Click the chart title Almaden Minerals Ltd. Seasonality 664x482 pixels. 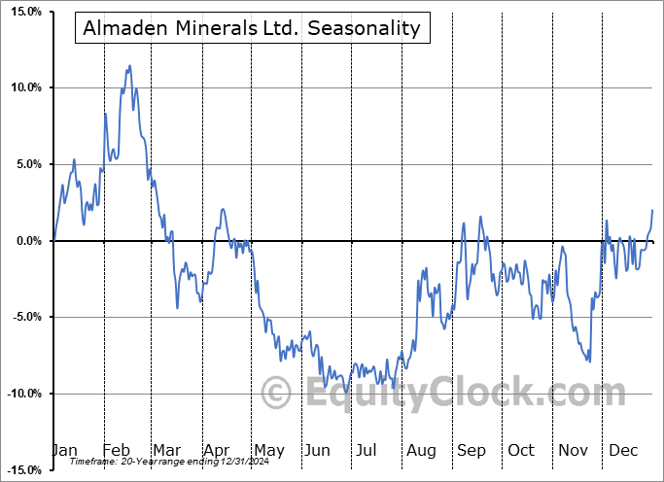pyautogui.click(x=251, y=28)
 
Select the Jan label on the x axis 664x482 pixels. pyautogui.click(x=63, y=450)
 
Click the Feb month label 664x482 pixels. pyautogui.click(x=116, y=450)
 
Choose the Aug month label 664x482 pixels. pyautogui.click(x=421, y=450)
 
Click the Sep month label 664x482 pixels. pyautogui.click(x=472, y=450)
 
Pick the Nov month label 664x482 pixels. pyautogui.click(x=572, y=450)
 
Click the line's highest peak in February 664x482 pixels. pyautogui.click(x=130, y=66)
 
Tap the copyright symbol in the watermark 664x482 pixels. pyautogui.click(x=278, y=394)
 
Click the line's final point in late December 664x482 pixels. pyautogui.click(x=652, y=210)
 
